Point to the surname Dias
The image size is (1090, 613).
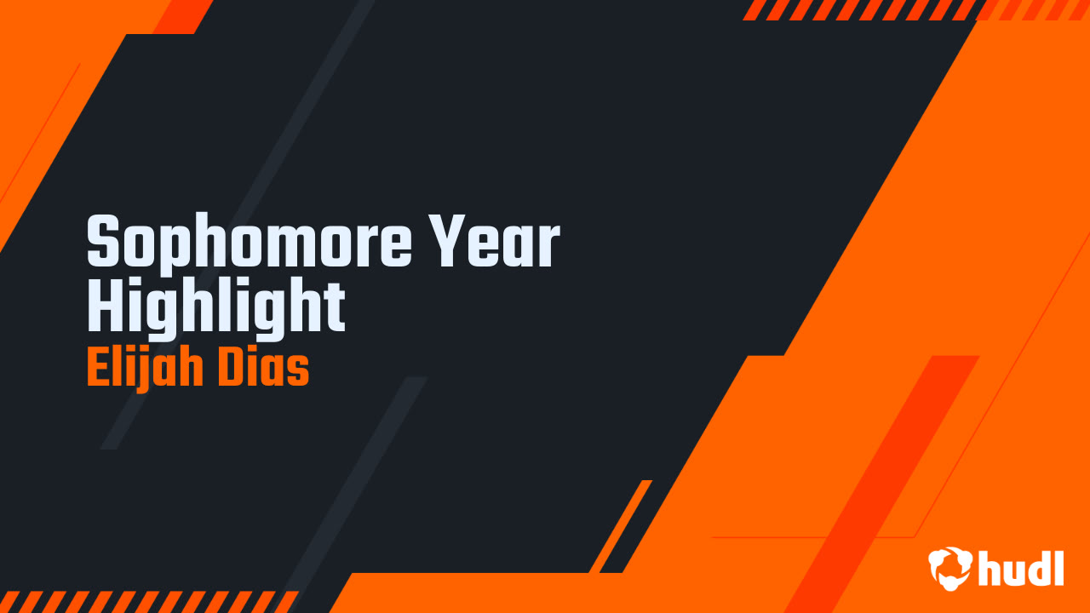click(x=262, y=370)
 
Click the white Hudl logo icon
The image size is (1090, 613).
click(x=950, y=568)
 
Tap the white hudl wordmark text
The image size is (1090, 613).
click(x=1022, y=568)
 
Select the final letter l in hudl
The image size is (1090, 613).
click(x=1058, y=566)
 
